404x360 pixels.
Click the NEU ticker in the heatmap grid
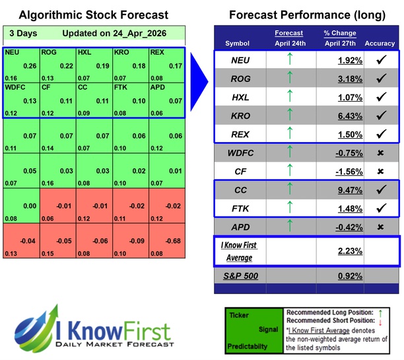tap(11, 52)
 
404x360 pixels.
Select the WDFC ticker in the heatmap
tap(15, 87)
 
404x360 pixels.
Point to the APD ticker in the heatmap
tap(158, 87)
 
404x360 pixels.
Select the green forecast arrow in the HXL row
tap(288, 98)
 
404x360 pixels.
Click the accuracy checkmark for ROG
tap(380, 79)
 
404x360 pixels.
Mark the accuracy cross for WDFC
tap(380, 153)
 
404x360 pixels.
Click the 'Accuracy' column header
tap(380, 44)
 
